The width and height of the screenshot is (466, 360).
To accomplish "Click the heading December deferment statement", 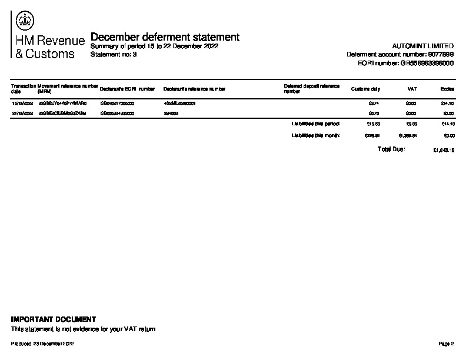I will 165,37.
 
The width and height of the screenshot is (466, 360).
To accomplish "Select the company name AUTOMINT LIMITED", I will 422,46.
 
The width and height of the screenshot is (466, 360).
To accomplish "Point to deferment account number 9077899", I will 400,54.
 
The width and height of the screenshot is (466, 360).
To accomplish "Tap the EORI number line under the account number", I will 405,63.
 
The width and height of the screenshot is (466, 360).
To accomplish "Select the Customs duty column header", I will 365,89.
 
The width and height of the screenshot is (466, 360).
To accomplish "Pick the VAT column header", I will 412,89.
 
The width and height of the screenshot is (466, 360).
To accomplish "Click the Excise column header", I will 447,89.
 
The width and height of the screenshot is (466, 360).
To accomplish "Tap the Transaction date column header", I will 23,89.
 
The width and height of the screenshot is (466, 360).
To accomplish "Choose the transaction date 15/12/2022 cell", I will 22,103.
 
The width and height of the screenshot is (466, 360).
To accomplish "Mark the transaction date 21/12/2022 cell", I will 22,113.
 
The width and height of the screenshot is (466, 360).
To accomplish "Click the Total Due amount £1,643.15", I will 443,151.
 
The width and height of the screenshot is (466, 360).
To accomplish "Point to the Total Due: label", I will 391,149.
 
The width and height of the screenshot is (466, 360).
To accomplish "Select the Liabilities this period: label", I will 316,124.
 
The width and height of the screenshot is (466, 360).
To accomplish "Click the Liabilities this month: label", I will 316,135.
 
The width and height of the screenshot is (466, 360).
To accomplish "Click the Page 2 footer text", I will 446,344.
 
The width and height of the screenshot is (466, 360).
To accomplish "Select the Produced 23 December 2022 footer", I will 42,344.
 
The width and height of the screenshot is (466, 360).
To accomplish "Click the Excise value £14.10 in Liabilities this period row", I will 447,124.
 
